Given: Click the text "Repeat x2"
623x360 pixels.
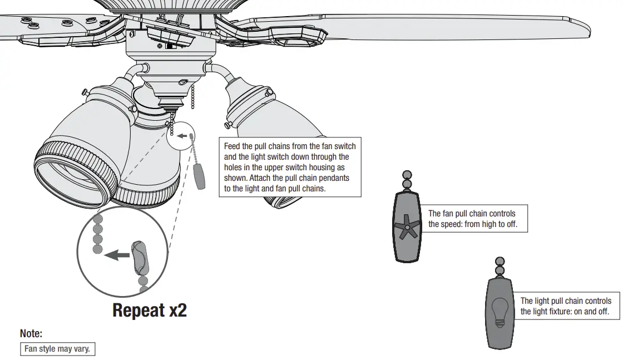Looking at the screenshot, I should [149, 310].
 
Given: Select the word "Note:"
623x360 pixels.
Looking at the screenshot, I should [31, 333].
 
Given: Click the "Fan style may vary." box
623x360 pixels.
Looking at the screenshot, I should [57, 349].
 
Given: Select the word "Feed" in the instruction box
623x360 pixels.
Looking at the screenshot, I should [232, 146].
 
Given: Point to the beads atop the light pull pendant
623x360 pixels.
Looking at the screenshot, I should [500, 266].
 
